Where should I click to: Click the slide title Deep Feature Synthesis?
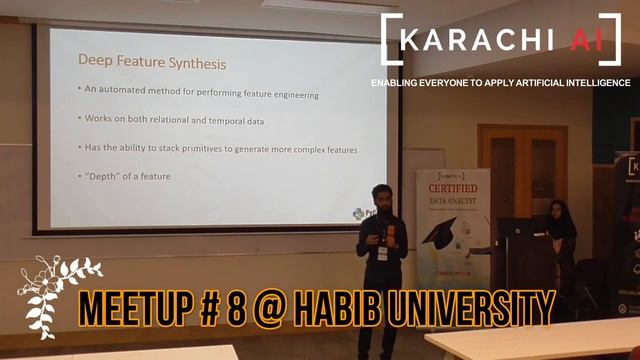tap(151, 64)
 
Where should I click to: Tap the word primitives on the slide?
tap(213, 148)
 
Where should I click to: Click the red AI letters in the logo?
tap(580, 39)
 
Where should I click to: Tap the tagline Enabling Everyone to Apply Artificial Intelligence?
tap(500, 82)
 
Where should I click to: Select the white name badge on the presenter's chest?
tap(382, 254)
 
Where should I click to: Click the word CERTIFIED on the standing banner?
tap(453, 188)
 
